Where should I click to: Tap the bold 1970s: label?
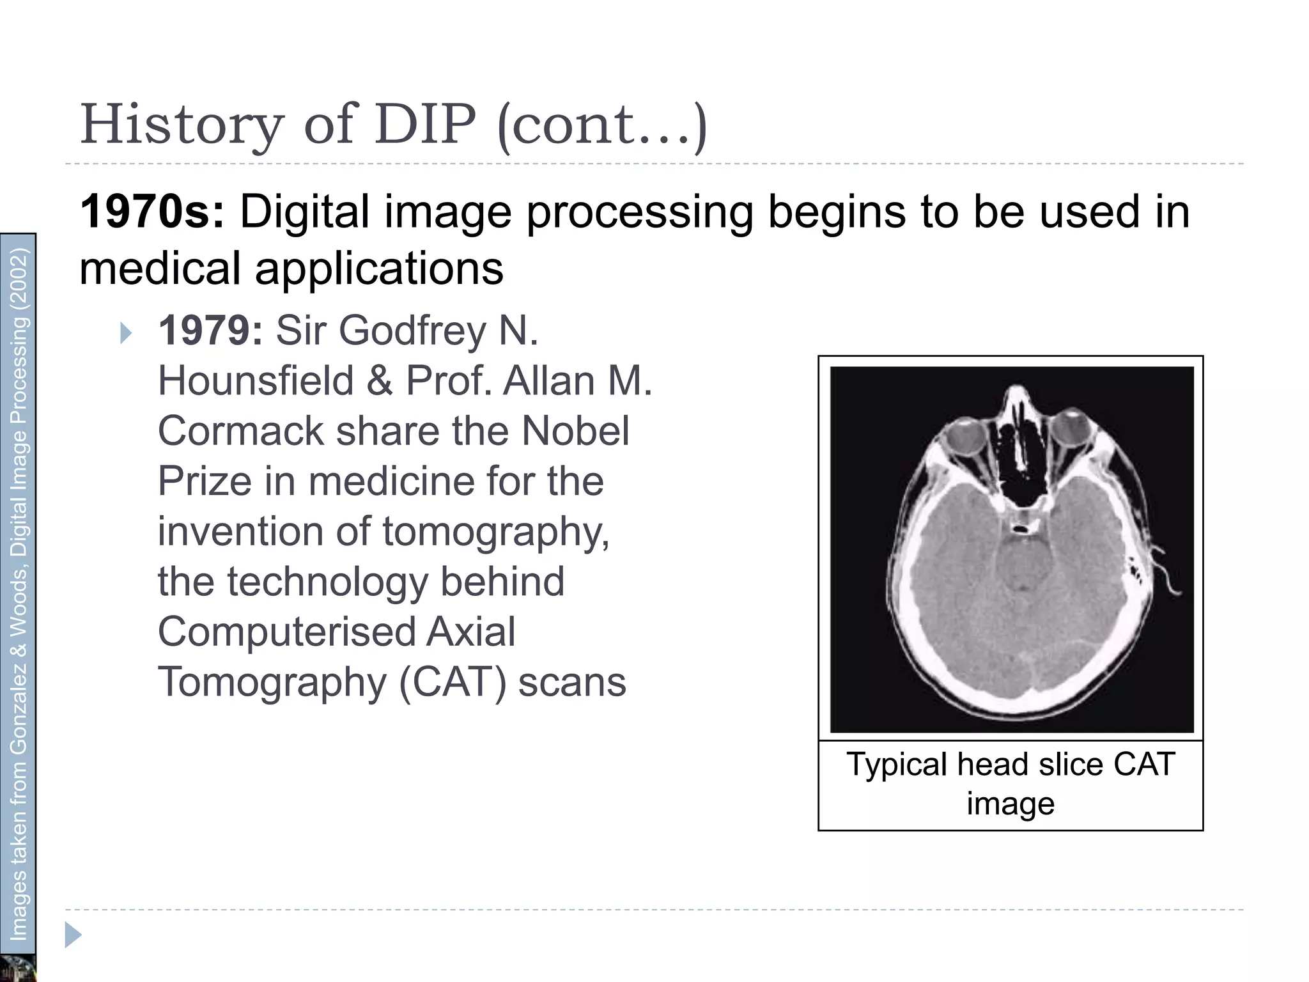(152, 212)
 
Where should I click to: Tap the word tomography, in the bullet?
(495, 531)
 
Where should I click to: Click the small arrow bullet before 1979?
(126, 333)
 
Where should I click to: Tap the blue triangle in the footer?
(73, 936)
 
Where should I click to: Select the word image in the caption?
(1011, 804)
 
